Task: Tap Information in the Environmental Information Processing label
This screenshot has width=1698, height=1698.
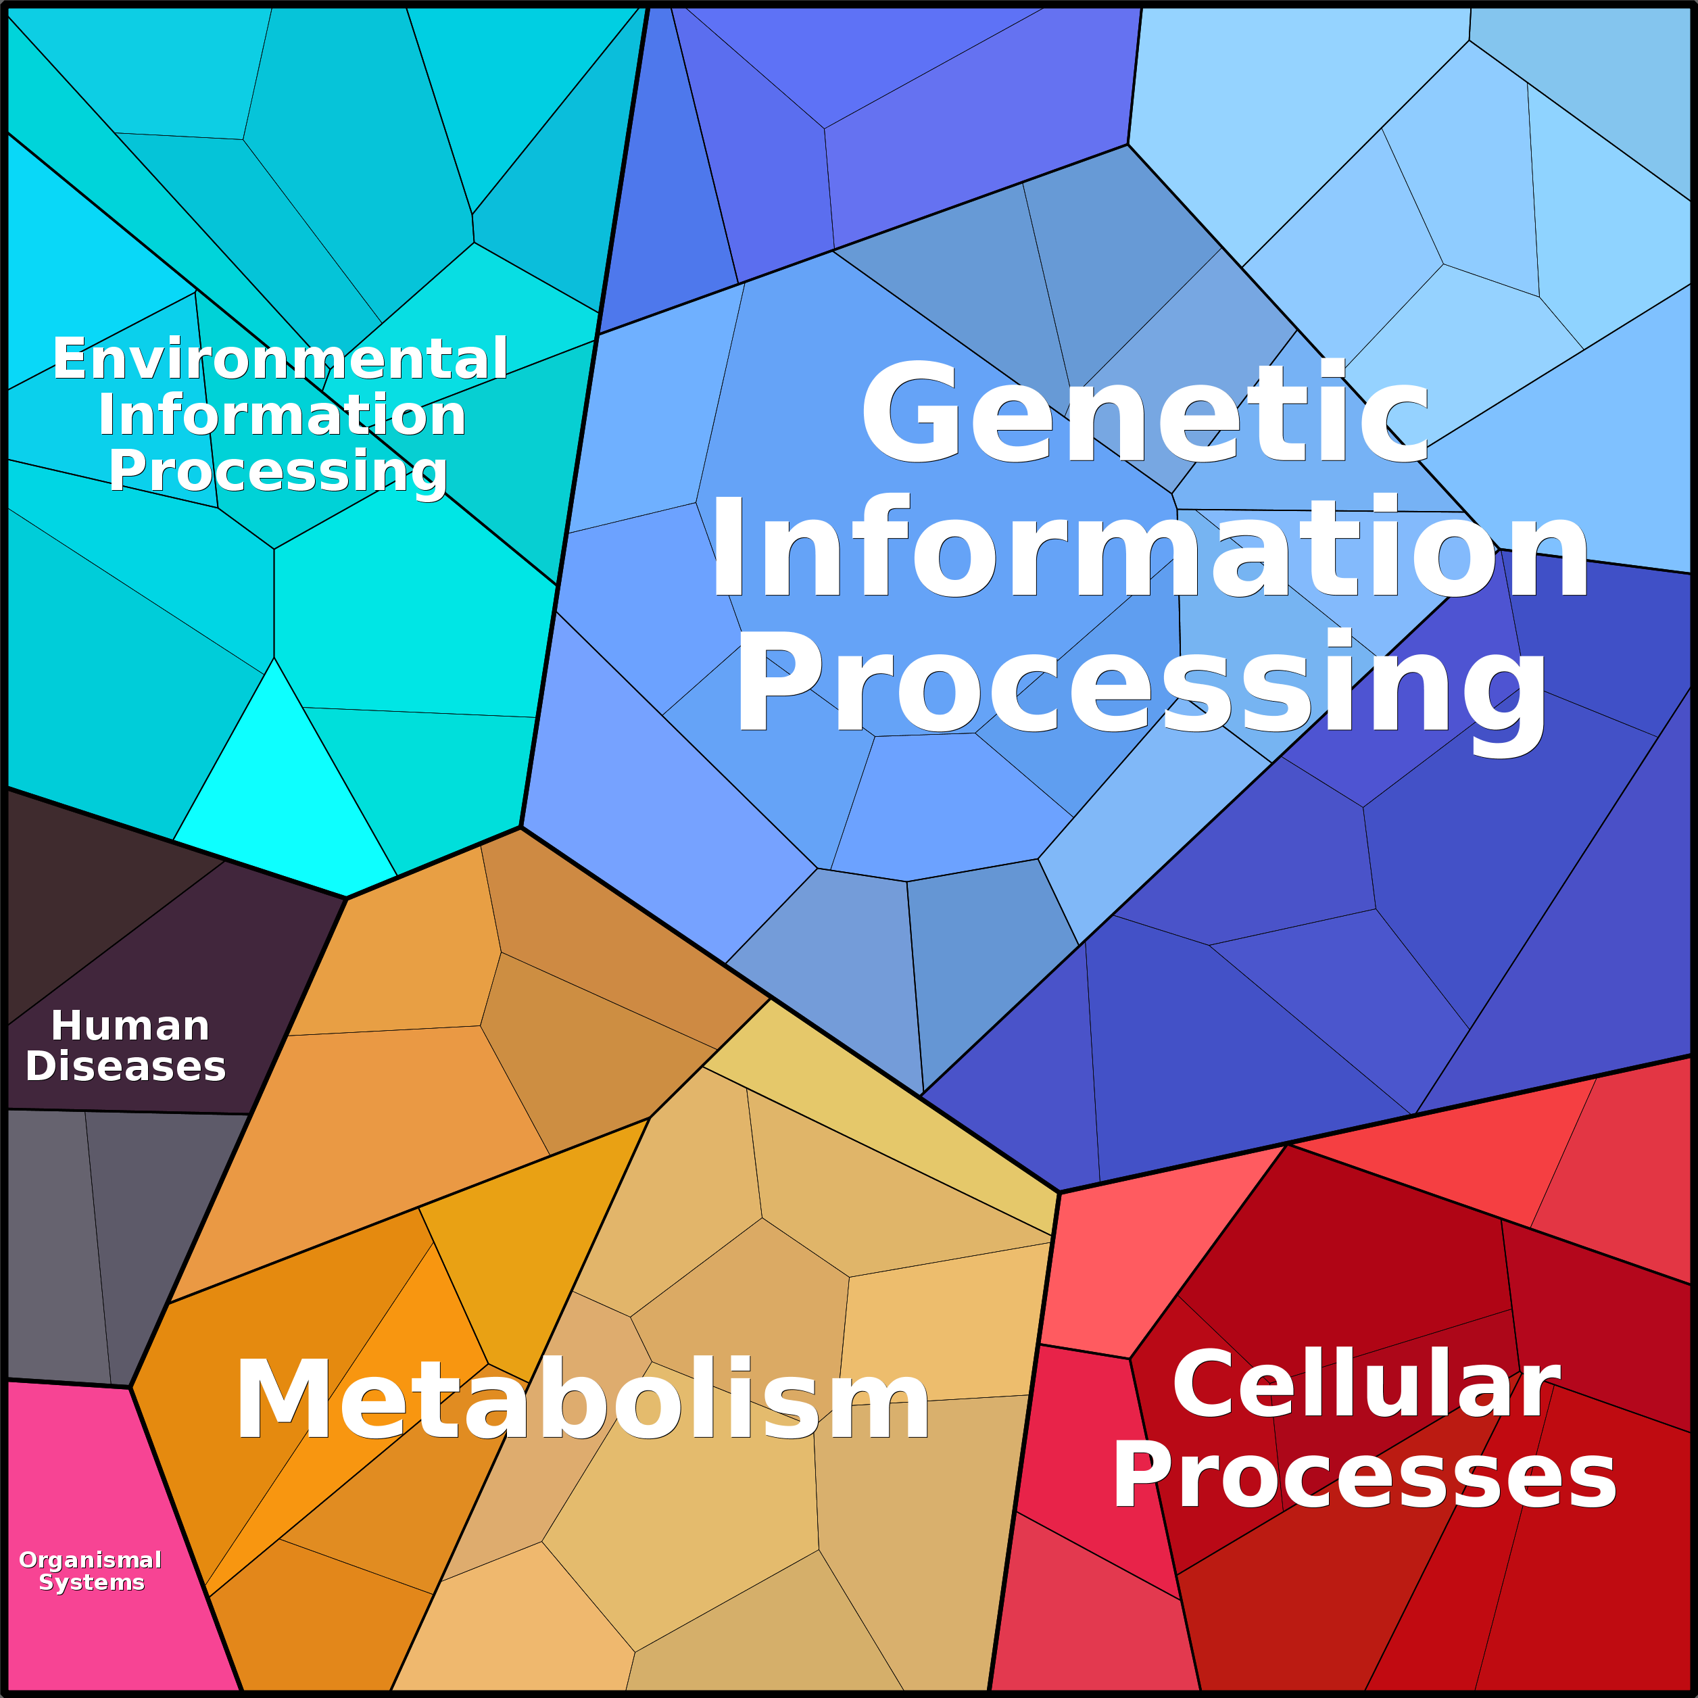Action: click(x=281, y=415)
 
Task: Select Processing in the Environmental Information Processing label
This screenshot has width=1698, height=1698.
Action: click(x=278, y=472)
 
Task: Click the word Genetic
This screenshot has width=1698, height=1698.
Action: click(x=1145, y=412)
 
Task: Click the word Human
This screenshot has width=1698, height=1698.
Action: click(x=130, y=1025)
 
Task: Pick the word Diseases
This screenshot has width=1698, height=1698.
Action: click(x=126, y=1066)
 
